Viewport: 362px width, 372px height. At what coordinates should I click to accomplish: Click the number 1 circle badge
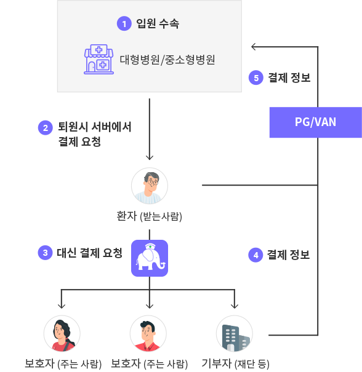coord(124,23)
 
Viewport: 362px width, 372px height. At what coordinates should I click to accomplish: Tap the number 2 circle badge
coord(46,128)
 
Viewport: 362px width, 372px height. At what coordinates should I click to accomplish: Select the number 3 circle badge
coord(45,253)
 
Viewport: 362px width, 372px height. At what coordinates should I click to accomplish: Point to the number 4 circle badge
coord(255,255)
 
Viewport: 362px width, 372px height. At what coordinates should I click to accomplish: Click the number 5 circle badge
coord(256,77)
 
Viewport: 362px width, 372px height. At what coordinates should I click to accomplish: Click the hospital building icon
coord(99,59)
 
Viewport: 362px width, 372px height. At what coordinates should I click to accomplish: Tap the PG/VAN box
coord(316,122)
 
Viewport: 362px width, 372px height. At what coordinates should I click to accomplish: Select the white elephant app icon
coord(150,258)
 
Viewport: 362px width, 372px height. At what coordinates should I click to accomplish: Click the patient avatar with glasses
coord(150,186)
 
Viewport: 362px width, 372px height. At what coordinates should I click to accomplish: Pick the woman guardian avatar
coord(62,333)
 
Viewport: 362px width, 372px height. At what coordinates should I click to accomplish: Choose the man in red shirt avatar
coord(148,333)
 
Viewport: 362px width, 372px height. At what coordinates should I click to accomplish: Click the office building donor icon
coord(235,333)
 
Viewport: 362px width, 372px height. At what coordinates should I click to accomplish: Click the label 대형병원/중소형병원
coord(167,60)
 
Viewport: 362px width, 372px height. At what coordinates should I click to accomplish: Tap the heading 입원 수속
coord(158,23)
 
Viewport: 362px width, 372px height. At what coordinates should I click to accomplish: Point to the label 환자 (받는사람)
coord(150,216)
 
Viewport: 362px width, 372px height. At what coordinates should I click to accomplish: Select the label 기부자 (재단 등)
coord(235,363)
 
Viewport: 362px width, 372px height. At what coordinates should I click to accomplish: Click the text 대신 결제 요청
coord(89,253)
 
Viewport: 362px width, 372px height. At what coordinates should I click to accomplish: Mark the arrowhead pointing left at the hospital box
coord(253,47)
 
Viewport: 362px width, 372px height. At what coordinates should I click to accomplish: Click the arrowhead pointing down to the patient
coord(150,157)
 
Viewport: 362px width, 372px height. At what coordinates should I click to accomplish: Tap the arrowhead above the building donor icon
coord(235,306)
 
